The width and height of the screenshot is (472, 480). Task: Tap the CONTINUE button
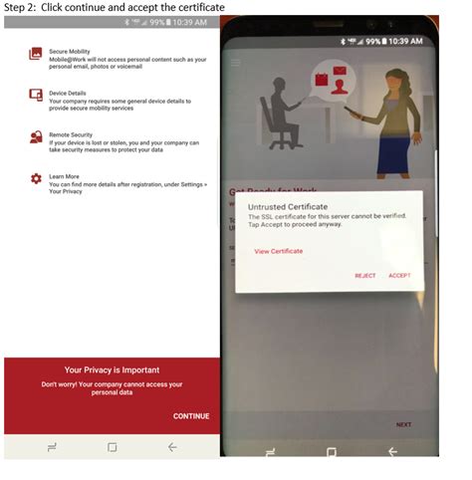pyautogui.click(x=190, y=415)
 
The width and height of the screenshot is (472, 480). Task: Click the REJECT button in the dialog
pyautogui.click(x=365, y=276)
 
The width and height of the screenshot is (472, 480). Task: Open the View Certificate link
pyautogui.click(x=279, y=251)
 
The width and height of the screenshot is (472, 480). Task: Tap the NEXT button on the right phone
pyautogui.click(x=403, y=424)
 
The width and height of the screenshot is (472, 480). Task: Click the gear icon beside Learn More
pyautogui.click(x=36, y=177)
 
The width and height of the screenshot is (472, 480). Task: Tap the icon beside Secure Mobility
pyautogui.click(x=36, y=53)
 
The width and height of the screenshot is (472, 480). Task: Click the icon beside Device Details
pyautogui.click(x=36, y=95)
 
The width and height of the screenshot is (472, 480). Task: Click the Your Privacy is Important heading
pyautogui.click(x=112, y=369)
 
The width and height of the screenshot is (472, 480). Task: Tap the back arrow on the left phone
pyautogui.click(x=172, y=447)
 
